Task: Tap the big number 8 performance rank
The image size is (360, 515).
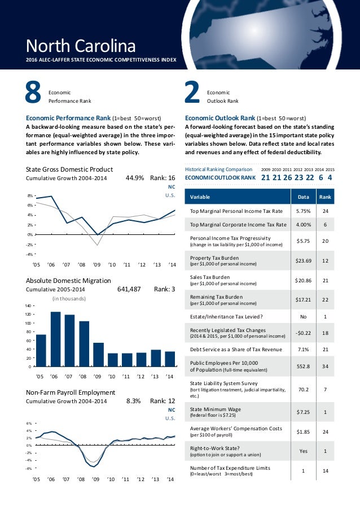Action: tap(34, 94)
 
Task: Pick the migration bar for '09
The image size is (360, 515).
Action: tap(98, 355)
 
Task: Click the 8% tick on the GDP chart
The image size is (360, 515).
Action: tap(29, 195)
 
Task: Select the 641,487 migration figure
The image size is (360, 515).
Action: tap(129, 289)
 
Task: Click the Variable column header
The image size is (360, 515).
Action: tap(200, 197)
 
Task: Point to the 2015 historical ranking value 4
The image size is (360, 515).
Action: tap(330, 177)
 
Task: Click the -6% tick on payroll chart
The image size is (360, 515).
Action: tap(28, 468)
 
